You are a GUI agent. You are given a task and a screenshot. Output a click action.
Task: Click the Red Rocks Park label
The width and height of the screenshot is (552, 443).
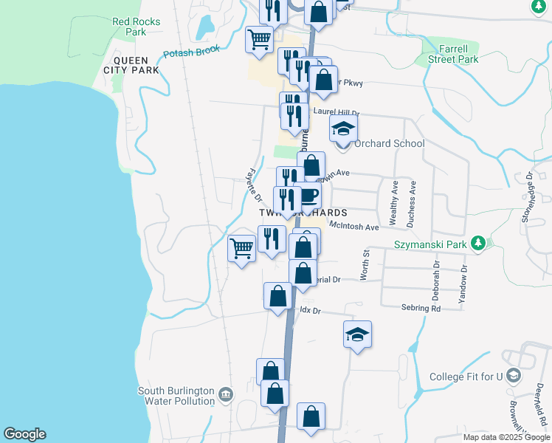(136, 27)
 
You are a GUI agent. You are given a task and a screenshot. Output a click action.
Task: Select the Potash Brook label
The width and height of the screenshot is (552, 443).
(192, 54)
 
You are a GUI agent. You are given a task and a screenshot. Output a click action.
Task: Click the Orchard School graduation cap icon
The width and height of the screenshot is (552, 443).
(342, 130)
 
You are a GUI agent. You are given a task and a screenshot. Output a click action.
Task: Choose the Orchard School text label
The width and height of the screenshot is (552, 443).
(388, 143)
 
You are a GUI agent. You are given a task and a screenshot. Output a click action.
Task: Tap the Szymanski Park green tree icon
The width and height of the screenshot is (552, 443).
(478, 242)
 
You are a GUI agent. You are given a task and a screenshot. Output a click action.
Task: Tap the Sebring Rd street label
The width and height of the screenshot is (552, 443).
(421, 308)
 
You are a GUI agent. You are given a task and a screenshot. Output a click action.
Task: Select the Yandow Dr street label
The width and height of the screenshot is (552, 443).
(464, 285)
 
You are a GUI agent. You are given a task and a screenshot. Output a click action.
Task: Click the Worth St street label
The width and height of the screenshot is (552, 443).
(364, 264)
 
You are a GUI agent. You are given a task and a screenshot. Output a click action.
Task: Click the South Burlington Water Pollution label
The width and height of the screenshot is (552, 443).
(176, 396)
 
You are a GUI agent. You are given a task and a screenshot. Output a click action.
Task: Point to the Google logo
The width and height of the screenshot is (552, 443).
(24, 434)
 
